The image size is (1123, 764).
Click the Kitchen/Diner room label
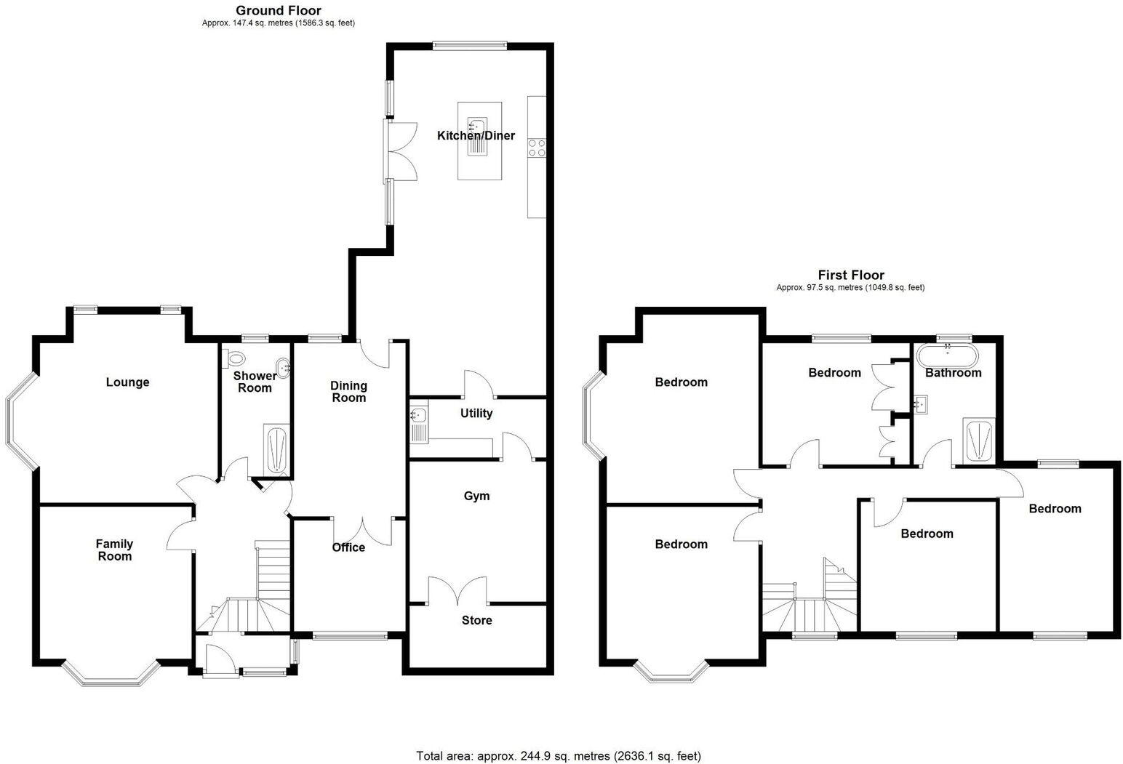(x=476, y=136)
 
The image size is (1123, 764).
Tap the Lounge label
(x=127, y=382)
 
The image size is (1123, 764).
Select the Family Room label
(x=114, y=550)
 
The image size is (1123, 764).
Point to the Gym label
(x=476, y=496)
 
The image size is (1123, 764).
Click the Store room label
(x=476, y=620)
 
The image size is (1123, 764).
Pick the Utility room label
(x=476, y=413)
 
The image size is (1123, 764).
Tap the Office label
(x=348, y=547)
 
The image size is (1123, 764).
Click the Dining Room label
(x=348, y=392)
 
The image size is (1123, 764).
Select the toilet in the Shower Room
(x=235, y=358)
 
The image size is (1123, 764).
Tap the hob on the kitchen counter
(x=537, y=148)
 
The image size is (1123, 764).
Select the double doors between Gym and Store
(x=457, y=590)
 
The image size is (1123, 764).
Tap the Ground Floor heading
(x=278, y=10)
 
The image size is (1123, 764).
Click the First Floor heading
(x=851, y=275)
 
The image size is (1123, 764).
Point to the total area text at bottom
(x=559, y=756)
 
